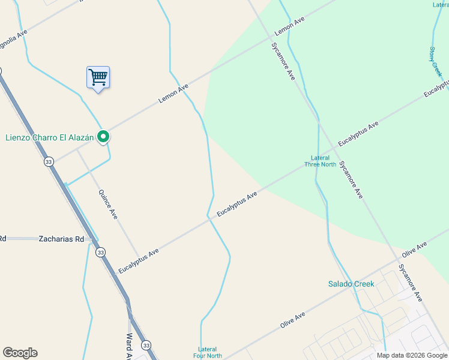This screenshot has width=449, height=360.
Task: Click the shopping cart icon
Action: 98,77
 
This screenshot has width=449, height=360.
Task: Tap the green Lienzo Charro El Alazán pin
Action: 103,137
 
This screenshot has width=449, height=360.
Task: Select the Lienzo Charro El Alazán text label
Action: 50,137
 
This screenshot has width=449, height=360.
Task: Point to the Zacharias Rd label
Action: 62,238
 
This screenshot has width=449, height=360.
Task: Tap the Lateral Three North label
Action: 320,161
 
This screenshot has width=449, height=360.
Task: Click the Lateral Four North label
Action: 208,352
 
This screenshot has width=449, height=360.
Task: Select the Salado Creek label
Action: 351,284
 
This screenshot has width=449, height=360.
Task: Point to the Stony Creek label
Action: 436,61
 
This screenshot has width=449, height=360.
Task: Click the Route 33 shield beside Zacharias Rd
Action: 100,252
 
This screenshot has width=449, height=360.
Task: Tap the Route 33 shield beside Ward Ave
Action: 146,345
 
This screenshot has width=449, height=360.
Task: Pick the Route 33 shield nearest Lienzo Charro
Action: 49,161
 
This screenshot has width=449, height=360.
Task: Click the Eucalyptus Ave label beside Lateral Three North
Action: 358,133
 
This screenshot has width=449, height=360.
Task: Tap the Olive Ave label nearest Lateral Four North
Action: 293,319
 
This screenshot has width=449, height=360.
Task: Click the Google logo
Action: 20,353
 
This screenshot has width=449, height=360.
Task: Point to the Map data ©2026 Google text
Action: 412,355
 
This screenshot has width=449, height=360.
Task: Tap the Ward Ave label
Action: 130,346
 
